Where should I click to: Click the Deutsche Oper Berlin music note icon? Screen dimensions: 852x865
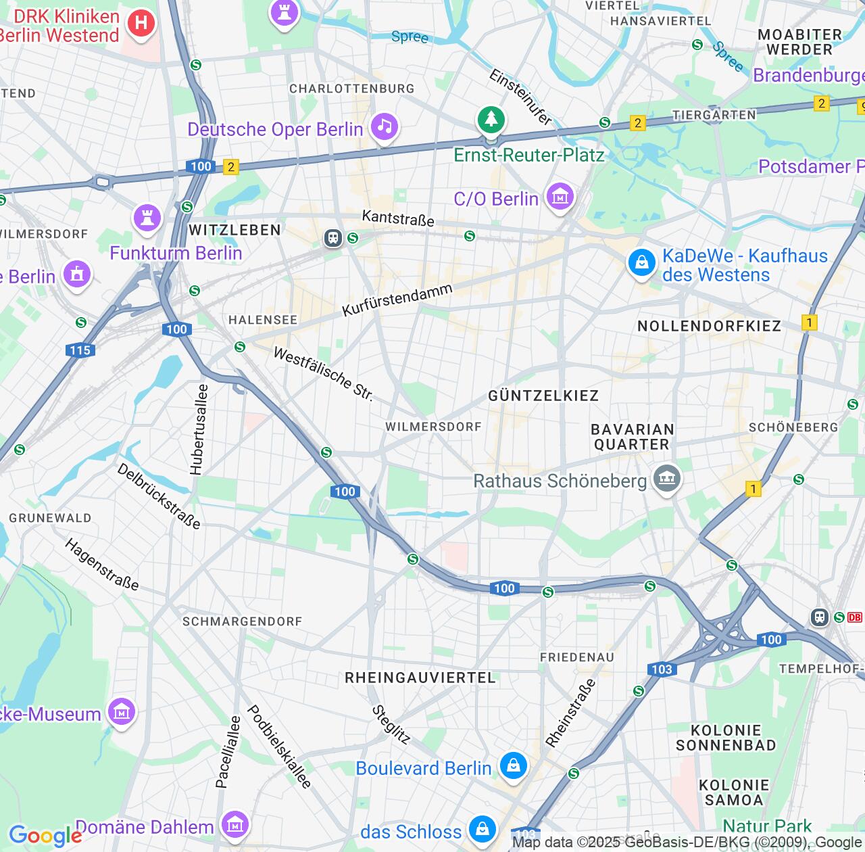[x=385, y=126]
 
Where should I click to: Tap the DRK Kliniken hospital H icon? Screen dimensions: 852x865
[x=141, y=24]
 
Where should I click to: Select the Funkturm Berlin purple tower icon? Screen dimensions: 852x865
[x=147, y=217]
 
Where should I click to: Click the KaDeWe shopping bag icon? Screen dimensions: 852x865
[x=641, y=262]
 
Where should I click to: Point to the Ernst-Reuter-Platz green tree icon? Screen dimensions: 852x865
[x=491, y=120]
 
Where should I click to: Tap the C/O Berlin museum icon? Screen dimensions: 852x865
[x=560, y=197]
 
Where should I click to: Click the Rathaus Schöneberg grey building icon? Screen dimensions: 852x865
[x=667, y=479]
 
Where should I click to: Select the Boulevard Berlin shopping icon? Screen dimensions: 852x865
[x=513, y=766]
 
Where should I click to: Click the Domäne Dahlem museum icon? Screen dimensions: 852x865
[x=234, y=824]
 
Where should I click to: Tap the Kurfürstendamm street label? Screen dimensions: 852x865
[x=397, y=300]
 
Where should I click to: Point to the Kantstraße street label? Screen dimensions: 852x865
[x=398, y=218]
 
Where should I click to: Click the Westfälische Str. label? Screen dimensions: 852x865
[x=323, y=374]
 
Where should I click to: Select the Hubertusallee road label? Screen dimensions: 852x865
[x=199, y=429]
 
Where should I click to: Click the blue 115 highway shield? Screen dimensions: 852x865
[x=80, y=350]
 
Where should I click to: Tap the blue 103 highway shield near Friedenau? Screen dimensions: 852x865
[x=662, y=669]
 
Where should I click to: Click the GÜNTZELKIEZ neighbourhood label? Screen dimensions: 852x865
[x=543, y=396]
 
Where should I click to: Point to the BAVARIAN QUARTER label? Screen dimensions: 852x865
[x=632, y=437]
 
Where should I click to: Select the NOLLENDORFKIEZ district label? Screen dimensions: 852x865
[x=709, y=326]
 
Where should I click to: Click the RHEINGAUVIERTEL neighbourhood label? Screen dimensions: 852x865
[x=420, y=678]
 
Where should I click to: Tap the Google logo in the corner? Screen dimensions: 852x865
[x=45, y=836]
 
